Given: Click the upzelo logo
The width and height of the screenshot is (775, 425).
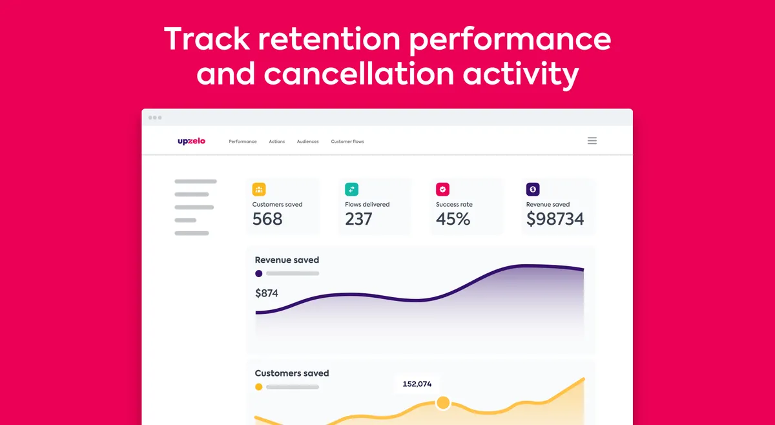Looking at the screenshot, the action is pyautogui.click(x=191, y=141).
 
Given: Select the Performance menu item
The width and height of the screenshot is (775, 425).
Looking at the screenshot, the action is pyautogui.click(x=243, y=141).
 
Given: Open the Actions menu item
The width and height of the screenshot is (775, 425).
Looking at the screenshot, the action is pyautogui.click(x=277, y=141).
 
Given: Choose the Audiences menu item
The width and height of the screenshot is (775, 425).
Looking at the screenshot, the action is pyautogui.click(x=307, y=141).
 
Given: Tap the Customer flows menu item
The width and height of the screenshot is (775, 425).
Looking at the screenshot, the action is pyautogui.click(x=347, y=141).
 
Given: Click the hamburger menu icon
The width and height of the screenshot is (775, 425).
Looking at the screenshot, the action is pyautogui.click(x=592, y=141).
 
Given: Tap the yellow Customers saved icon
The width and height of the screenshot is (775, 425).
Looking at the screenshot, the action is pyautogui.click(x=259, y=189).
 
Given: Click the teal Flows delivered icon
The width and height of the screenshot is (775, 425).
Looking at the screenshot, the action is pyautogui.click(x=351, y=189).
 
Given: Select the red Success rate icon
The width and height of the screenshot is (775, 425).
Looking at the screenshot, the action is pyautogui.click(x=442, y=189).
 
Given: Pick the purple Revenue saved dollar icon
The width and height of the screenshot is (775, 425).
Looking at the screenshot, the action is pyautogui.click(x=533, y=189).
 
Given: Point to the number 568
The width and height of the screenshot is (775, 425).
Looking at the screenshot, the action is pyautogui.click(x=267, y=219).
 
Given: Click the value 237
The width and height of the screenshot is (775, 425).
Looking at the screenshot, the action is pyautogui.click(x=358, y=219).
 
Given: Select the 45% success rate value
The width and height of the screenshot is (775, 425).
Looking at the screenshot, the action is pyautogui.click(x=453, y=219).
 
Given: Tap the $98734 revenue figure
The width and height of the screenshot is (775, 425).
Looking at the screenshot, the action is pyautogui.click(x=555, y=219).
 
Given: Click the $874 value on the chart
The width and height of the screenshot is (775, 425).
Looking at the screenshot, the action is pyautogui.click(x=266, y=293).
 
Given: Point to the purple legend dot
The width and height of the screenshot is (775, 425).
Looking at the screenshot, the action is pyautogui.click(x=258, y=273).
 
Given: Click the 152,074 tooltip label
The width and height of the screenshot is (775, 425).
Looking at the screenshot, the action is pyautogui.click(x=417, y=384).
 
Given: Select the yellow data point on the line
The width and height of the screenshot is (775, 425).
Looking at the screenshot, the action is pyautogui.click(x=443, y=402).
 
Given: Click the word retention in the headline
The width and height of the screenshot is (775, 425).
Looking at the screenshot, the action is pyautogui.click(x=329, y=39).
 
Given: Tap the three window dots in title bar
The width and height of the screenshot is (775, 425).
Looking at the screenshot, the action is pyautogui.click(x=155, y=118).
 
